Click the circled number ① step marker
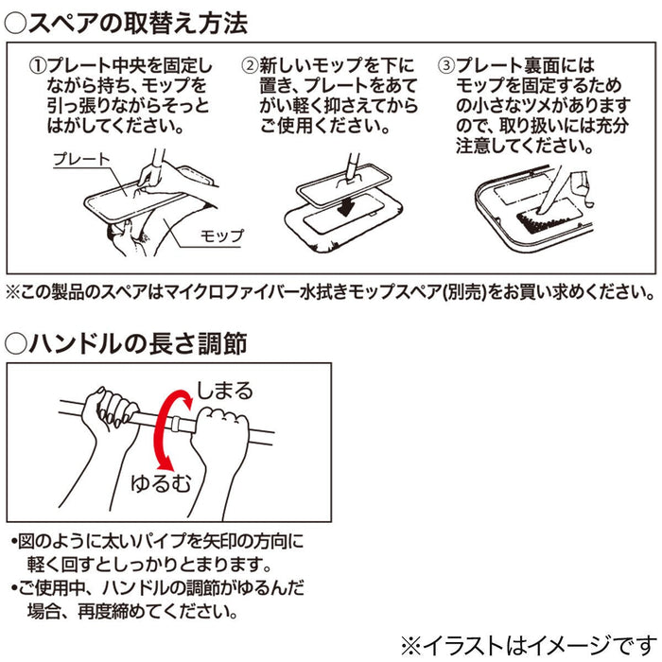pyautogui.click(x=36, y=66)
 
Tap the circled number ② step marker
pyautogui.click(x=250, y=66)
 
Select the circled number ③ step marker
pyautogui.click(x=446, y=66)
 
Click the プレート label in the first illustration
pyautogui.click(x=81, y=159)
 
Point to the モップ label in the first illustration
pyautogui.click(x=221, y=235)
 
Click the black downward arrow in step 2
pyautogui.click(x=345, y=207)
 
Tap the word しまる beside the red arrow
pyautogui.click(x=225, y=390)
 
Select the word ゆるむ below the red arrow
pyautogui.click(x=161, y=483)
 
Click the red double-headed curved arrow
pyautogui.click(x=157, y=430)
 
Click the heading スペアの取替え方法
pyautogui.click(x=138, y=24)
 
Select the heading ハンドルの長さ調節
pyautogui.click(x=138, y=343)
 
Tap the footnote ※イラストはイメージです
pyautogui.click(x=529, y=646)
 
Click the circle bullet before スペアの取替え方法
pyautogui.click(x=15, y=24)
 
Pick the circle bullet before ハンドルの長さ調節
pyautogui.click(x=15, y=343)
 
